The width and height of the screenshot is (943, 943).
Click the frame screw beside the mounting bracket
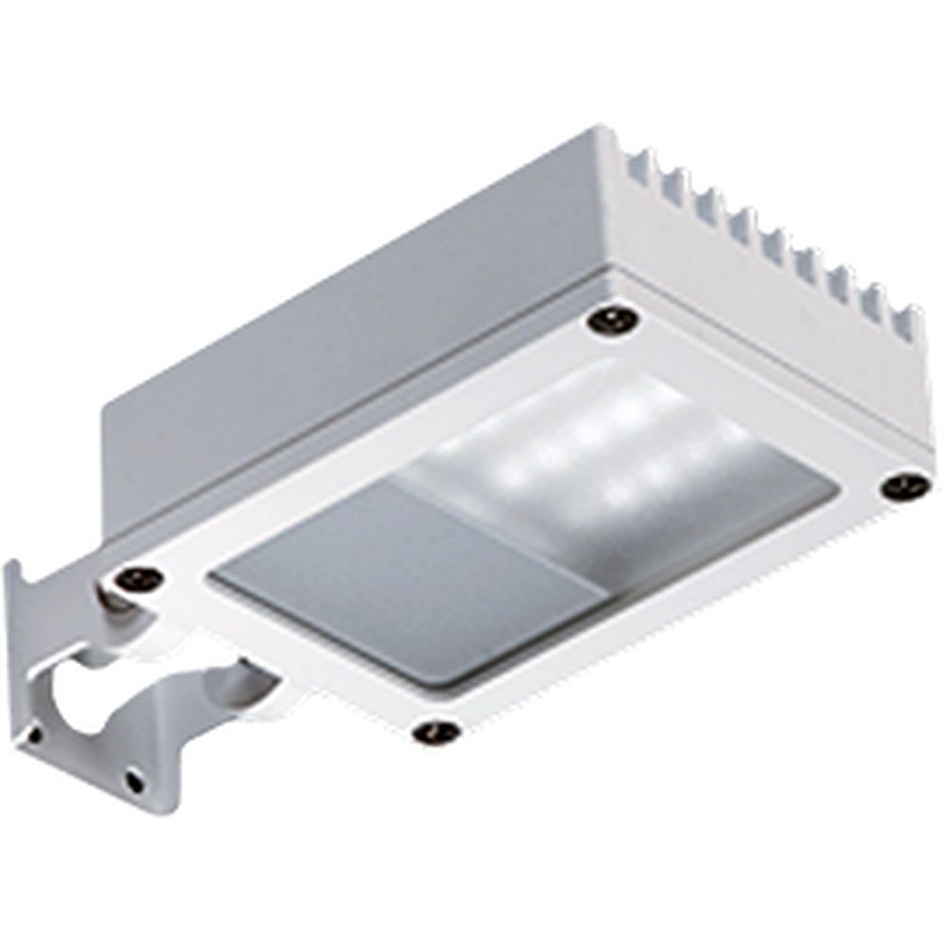[x=140, y=577]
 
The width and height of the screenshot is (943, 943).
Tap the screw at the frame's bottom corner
[x=437, y=731]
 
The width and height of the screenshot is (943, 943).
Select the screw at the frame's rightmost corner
[x=904, y=487]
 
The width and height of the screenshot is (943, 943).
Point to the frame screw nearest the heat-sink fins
[x=612, y=319]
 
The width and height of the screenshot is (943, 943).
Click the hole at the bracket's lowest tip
[x=135, y=781]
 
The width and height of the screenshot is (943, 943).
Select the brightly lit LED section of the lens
[x=604, y=453]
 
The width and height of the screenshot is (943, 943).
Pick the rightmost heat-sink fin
[x=907, y=321]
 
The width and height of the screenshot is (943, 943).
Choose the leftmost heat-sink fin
[x=637, y=168]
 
